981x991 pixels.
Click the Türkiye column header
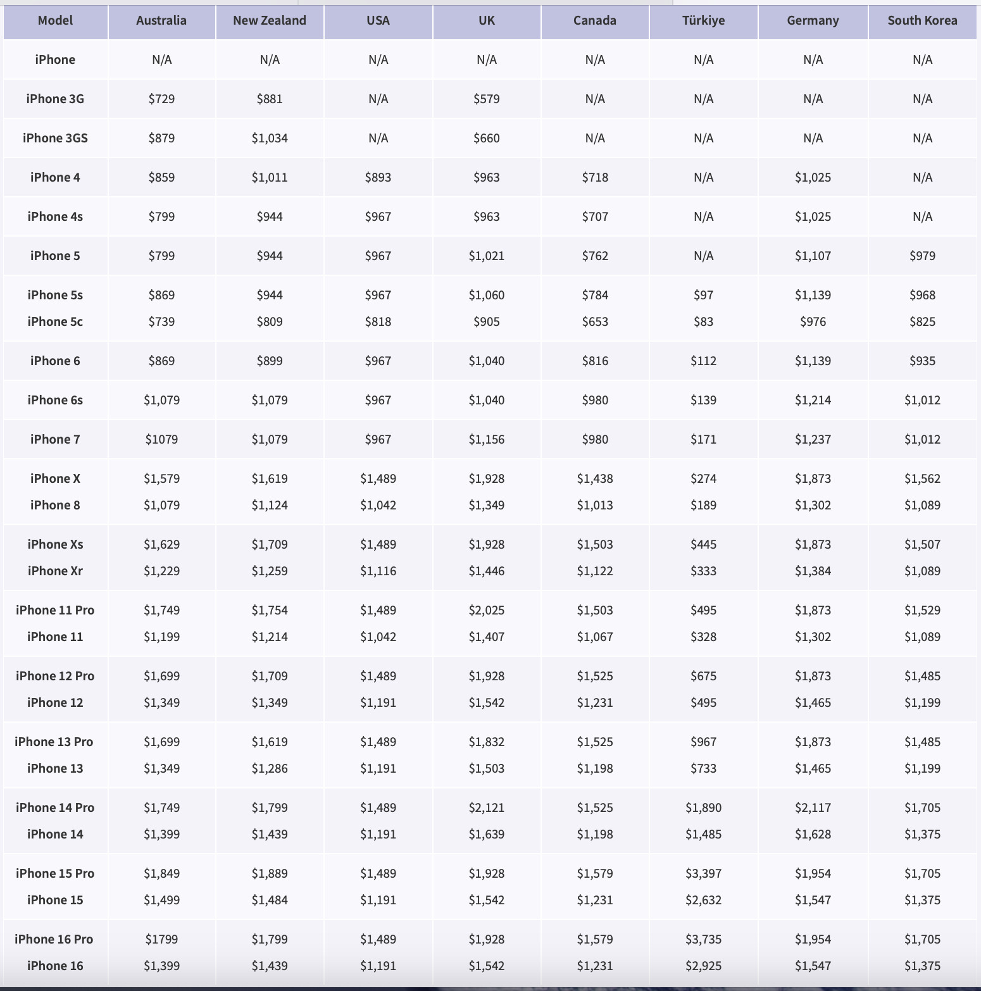point(703,21)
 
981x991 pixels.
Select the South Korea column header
point(922,21)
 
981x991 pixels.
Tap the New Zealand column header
point(270,21)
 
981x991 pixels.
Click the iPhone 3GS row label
point(55,138)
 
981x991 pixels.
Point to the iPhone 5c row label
point(55,321)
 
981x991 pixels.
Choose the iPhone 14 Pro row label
point(55,807)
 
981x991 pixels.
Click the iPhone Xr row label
point(55,571)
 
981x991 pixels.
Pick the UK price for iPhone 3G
point(487,99)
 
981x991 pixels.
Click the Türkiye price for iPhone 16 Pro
point(703,939)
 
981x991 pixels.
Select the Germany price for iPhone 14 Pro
point(813,807)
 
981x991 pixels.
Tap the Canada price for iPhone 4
point(595,177)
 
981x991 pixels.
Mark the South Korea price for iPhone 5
point(922,256)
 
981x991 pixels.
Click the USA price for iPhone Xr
point(378,571)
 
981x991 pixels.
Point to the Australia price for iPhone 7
point(161,439)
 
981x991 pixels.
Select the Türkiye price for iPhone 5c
point(703,321)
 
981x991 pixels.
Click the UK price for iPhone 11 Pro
point(487,610)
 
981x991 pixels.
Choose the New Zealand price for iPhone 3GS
point(270,138)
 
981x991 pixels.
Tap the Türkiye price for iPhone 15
point(703,900)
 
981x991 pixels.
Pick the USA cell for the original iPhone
point(378,59)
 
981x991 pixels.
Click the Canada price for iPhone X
point(595,478)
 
